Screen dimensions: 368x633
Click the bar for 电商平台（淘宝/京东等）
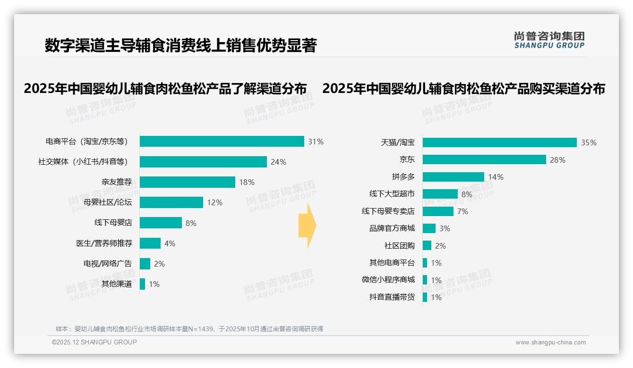[x=222, y=142]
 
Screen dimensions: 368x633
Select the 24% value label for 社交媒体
[x=278, y=162]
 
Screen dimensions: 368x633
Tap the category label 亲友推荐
[x=117, y=182]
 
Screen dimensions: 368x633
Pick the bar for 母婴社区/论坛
[x=171, y=202]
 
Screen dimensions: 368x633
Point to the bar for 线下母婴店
[x=161, y=223]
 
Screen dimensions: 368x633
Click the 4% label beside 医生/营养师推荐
[x=170, y=243]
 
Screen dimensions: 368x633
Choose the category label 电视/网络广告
[x=108, y=264]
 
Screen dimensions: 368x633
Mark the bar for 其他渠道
[x=142, y=284]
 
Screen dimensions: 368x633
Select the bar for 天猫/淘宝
[x=499, y=142]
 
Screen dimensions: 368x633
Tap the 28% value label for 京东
[x=557, y=160]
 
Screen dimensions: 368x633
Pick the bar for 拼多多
[x=453, y=177]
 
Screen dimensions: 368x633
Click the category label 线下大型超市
[x=392, y=194]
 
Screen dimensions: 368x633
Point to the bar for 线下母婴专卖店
[x=438, y=211]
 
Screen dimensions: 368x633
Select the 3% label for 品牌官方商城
[x=445, y=228]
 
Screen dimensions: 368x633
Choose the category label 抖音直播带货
[x=392, y=297]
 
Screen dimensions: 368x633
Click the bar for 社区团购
[x=427, y=245]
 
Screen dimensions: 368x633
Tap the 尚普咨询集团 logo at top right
[x=549, y=40]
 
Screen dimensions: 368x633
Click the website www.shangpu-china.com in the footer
[x=550, y=343]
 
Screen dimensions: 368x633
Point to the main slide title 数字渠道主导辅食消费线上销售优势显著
[x=180, y=45]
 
